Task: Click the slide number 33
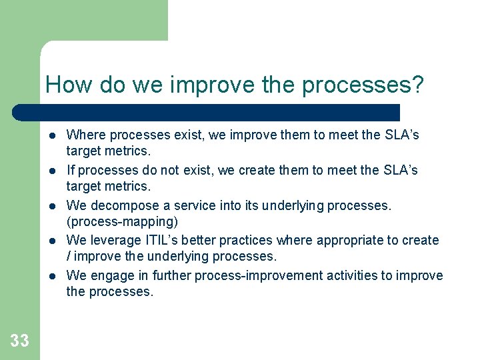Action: point(19,341)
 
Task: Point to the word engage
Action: point(109,275)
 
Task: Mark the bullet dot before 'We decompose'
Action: point(53,206)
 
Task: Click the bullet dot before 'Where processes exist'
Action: point(53,136)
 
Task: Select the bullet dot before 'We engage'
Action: point(53,276)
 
